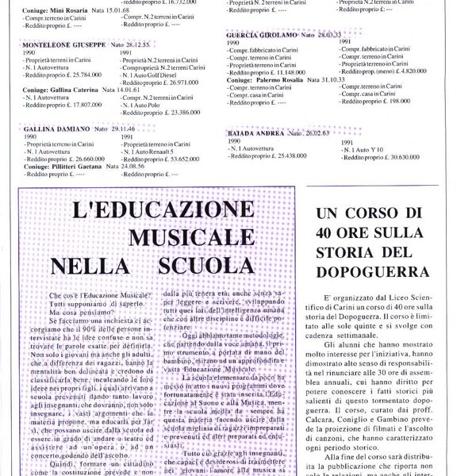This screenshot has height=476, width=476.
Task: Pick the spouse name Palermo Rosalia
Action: click(x=284, y=81)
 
